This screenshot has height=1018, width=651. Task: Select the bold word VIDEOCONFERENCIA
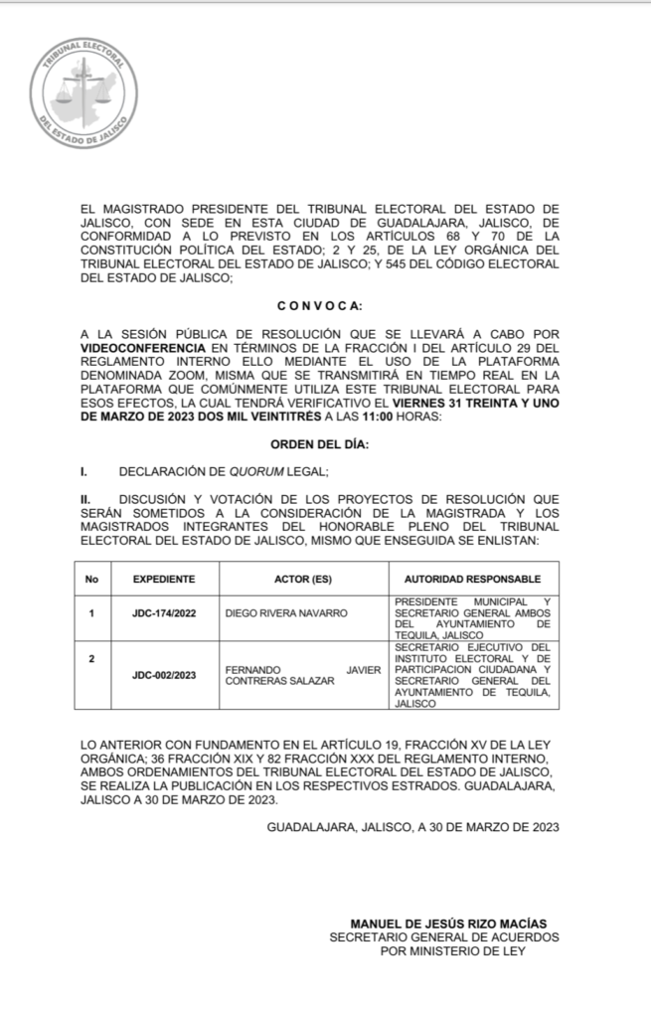[143, 349]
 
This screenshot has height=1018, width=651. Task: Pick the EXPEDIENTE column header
[163, 579]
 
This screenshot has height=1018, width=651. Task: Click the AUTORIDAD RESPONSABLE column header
[472, 579]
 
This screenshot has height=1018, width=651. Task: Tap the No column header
[91, 579]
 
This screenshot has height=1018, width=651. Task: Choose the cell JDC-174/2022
[163, 613]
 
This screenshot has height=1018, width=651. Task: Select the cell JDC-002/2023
[163, 675]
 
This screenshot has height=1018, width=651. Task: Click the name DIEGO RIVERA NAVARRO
[287, 613]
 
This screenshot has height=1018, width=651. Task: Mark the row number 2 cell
[91, 658]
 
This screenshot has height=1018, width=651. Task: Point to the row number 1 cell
[91, 613]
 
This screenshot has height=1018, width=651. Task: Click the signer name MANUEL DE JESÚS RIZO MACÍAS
[448, 924]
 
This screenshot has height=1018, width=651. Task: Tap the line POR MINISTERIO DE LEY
[452, 951]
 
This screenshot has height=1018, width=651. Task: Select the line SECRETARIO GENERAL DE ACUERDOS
[444, 937]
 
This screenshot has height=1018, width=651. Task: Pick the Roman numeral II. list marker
[86, 498]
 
